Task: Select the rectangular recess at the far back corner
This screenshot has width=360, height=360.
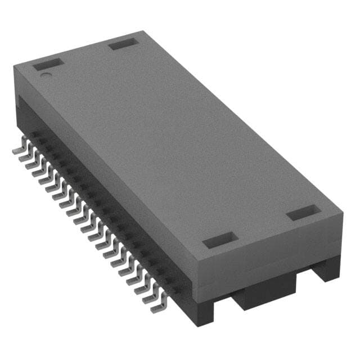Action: pos(123,44)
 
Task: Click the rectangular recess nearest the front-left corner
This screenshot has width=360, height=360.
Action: pos(217,241)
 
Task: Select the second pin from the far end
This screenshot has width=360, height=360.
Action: pos(24,157)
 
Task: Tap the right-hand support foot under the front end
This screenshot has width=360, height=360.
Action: pos(328,267)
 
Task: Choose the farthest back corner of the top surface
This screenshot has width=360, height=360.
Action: pos(138,31)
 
